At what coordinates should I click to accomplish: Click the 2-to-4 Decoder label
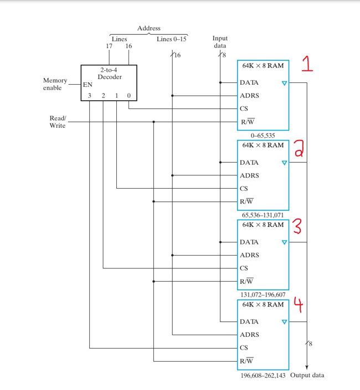point(109,74)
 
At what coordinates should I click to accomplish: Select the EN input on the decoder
point(88,85)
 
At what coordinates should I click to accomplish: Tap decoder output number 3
point(89,96)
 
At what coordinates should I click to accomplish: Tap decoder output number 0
point(128,96)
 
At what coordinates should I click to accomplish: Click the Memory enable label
point(55,84)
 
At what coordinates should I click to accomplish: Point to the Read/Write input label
point(58,122)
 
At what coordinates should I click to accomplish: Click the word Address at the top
point(148,28)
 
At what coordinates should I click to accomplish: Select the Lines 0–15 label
point(171,39)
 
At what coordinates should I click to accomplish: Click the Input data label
point(220,42)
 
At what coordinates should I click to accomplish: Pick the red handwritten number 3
point(297,226)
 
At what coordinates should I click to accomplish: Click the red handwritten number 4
point(299,304)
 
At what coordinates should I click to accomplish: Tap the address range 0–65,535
point(263,135)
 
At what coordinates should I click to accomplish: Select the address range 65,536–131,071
point(263,215)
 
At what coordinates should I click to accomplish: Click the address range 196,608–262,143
point(263,375)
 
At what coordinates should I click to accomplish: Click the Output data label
point(307,375)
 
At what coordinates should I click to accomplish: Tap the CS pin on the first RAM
point(244,108)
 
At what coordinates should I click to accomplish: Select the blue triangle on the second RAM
point(284,163)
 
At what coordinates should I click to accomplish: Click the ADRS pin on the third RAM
point(249,255)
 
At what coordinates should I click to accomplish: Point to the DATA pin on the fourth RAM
point(249,321)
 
